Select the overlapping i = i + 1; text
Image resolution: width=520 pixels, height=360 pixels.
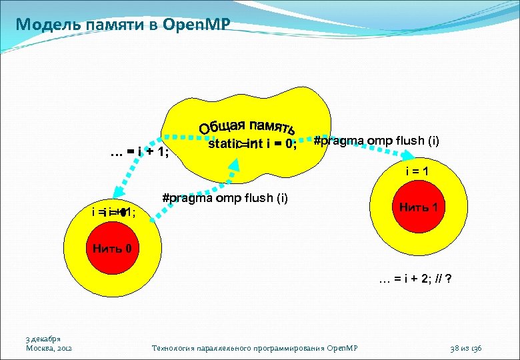pos(114,212)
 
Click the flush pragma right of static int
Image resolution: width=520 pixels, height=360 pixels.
pos(376,141)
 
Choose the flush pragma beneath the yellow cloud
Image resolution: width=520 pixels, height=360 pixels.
pos(225,197)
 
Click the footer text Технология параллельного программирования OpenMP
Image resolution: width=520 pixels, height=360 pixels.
pos(255,348)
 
